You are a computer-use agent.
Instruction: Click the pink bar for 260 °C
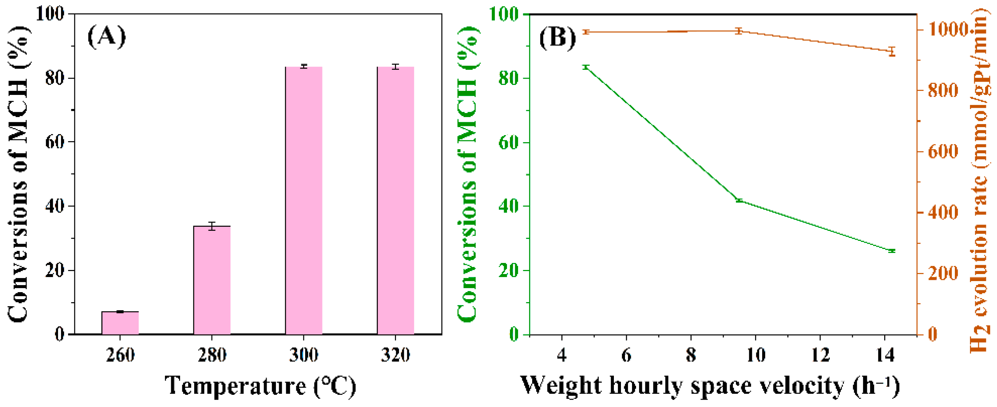point(120,323)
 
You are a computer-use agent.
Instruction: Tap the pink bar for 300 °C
point(304,201)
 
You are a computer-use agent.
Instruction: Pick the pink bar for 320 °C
point(396,201)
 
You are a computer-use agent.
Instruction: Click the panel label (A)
point(107,37)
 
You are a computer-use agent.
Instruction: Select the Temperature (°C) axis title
point(260,386)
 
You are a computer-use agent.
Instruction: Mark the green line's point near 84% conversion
point(586,67)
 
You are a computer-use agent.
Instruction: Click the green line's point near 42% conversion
point(739,200)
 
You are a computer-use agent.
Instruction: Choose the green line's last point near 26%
point(892,251)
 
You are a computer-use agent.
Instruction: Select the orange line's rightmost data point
point(892,51)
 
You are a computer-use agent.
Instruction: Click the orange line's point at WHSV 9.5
point(739,31)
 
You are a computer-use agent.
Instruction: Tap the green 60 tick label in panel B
point(508,142)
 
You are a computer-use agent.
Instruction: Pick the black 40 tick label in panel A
point(54,206)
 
